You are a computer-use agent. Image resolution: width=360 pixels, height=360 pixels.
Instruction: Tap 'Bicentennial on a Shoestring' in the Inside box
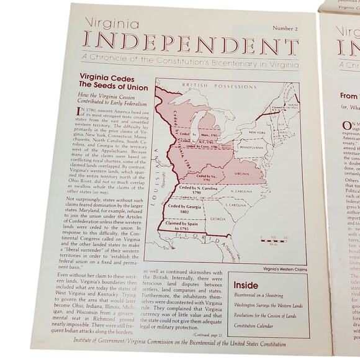click(258, 295)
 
